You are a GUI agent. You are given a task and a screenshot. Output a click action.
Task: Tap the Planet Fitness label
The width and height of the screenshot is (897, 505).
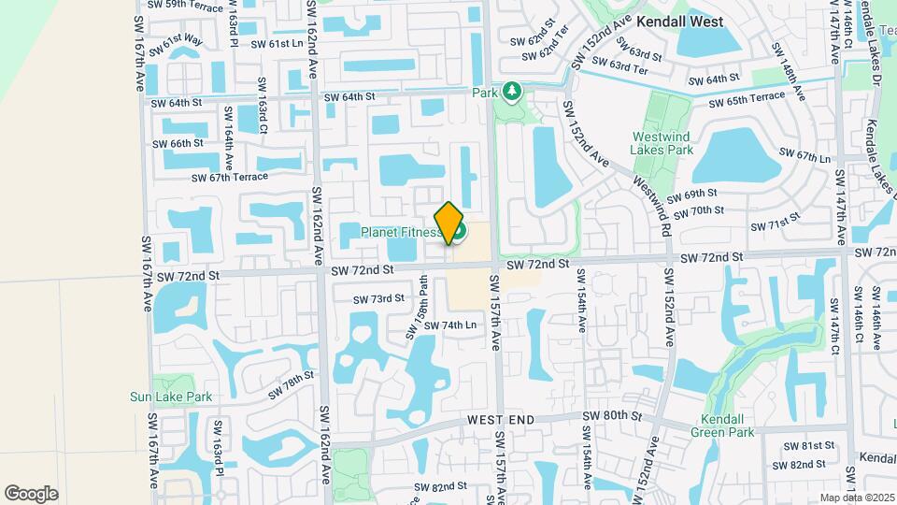click(x=402, y=231)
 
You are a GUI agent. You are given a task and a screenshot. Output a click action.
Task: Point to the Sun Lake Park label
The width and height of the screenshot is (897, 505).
click(x=171, y=397)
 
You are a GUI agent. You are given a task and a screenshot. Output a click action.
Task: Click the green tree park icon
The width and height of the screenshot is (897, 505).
click(x=511, y=92)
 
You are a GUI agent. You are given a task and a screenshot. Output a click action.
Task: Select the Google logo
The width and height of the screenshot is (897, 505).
click(x=31, y=493)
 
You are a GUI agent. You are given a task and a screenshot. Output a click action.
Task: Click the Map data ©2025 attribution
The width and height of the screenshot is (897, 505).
click(x=856, y=497)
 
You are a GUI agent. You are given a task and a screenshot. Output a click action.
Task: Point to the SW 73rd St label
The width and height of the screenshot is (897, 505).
click(x=378, y=299)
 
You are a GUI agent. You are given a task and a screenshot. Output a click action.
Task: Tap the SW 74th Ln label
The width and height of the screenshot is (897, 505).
click(x=449, y=325)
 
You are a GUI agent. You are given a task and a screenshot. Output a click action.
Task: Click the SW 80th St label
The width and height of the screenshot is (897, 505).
click(x=612, y=415)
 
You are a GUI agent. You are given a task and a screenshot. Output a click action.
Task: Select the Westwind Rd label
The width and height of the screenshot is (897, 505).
click(x=652, y=206)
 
